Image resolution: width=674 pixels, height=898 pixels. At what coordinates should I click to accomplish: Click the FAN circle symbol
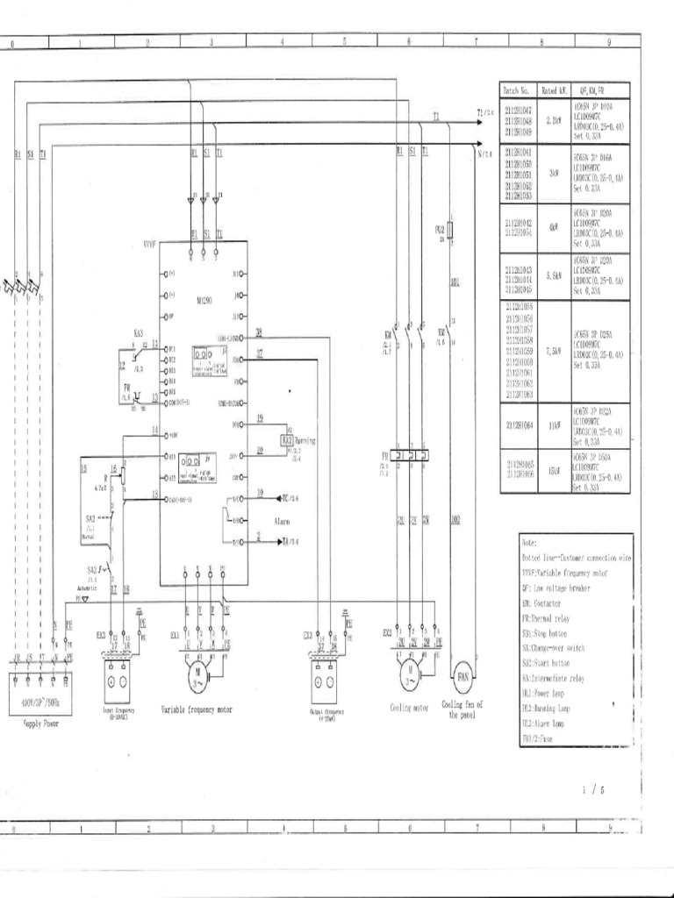coord(462,677)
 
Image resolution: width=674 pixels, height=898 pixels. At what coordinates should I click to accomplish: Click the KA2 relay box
coord(286,439)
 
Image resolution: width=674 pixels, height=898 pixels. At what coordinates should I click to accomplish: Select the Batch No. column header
coord(516,90)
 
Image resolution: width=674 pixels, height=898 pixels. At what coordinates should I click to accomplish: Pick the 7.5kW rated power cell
coord(554,351)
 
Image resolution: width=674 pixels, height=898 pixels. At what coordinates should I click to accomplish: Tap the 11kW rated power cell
coord(554,427)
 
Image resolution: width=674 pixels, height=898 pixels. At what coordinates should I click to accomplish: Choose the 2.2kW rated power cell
coord(554,122)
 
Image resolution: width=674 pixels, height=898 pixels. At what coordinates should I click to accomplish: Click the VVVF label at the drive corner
coord(148,245)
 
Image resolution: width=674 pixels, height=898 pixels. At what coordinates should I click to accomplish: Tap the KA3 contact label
coord(139,333)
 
